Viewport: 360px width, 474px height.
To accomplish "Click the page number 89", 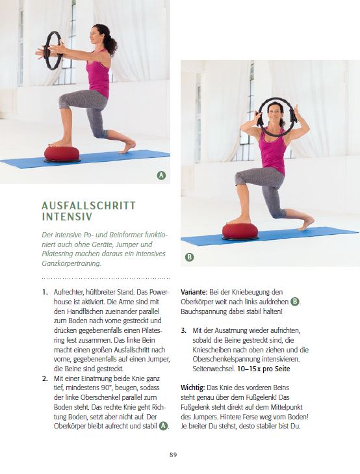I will [173, 454].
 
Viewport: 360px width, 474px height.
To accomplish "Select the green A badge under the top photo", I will [161, 175].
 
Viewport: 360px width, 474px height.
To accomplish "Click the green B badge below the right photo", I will [189, 257].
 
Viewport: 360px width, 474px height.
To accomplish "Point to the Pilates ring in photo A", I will [53, 50].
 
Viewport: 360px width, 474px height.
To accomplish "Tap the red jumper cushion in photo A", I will [62, 153].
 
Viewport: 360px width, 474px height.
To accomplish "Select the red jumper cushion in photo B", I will [240, 231].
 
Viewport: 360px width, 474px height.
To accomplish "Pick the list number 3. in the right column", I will [184, 331].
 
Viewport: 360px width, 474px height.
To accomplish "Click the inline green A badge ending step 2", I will [163, 426].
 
